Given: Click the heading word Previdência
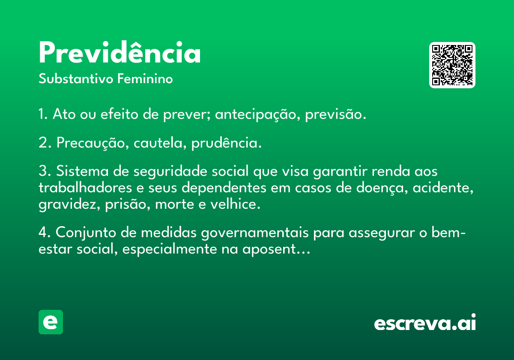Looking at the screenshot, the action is (120, 52).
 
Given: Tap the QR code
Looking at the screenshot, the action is (452, 65).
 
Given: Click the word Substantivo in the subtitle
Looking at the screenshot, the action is (76, 79).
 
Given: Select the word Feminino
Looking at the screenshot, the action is (145, 79).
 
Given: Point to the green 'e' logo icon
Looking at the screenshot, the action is (51, 322).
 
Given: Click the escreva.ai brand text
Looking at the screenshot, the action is (425, 322).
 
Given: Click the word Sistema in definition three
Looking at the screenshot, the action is (82, 171).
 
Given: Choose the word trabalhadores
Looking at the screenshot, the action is (85, 188).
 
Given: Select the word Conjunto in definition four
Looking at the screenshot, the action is (86, 233).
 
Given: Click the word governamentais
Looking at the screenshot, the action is (255, 233).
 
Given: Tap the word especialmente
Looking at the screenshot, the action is (170, 249).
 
